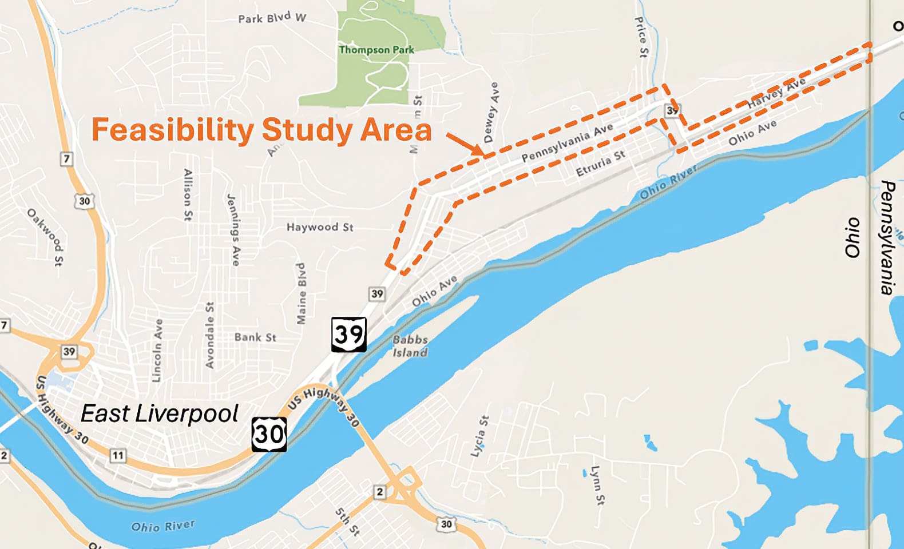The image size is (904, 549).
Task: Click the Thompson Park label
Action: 376,50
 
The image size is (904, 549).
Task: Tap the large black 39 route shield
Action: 348,334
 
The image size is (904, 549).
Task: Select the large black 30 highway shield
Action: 269,434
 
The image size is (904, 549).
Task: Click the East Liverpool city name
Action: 160,413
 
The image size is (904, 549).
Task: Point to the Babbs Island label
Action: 410,346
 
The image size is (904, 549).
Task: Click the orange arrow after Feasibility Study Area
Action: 465,143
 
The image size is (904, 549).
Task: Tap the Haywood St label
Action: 320,227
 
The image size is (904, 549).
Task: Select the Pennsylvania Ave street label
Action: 567,142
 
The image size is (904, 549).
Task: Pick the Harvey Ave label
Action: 776,93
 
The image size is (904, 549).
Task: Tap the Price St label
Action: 641,37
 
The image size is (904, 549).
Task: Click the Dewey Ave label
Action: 491,112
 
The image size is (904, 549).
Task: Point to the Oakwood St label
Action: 46,237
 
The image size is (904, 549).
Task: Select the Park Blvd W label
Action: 272,18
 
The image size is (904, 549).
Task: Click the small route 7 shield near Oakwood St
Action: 67,159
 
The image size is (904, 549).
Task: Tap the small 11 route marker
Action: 118,456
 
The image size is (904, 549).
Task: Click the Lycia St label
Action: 479,436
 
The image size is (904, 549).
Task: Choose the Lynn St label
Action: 597,485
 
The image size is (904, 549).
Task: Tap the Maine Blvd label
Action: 301,293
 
